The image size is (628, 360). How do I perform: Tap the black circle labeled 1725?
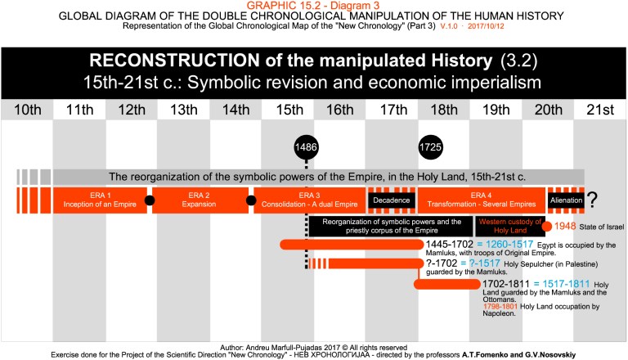coord(432,147)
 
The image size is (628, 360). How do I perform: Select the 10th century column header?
coord(26,110)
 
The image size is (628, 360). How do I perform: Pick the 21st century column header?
coord(599,110)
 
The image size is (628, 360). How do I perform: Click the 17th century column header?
coord(392,110)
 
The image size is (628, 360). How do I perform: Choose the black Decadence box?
coord(392,199)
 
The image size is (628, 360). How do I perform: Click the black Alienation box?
coord(565,199)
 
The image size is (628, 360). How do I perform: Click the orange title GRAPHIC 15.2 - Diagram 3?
coord(314,6)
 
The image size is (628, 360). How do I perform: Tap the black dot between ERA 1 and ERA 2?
coord(150,200)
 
